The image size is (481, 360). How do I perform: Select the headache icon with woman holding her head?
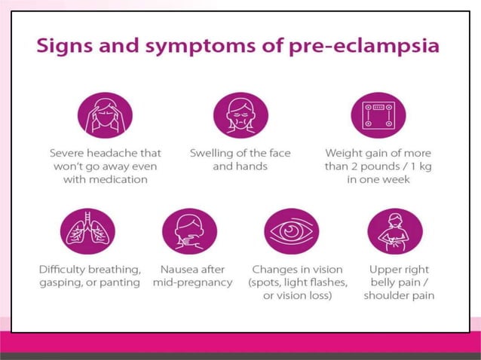tap(106, 114)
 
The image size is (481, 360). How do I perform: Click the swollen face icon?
tap(240, 114)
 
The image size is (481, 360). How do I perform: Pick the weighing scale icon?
tap(378, 114)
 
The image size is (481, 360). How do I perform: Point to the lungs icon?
tap(87, 230)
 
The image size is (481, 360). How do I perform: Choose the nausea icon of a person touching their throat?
tap(189, 230)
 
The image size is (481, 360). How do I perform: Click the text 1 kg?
tap(419, 166)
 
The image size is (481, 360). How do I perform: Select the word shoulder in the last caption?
tap(380, 296)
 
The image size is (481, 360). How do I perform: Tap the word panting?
tap(121, 282)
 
